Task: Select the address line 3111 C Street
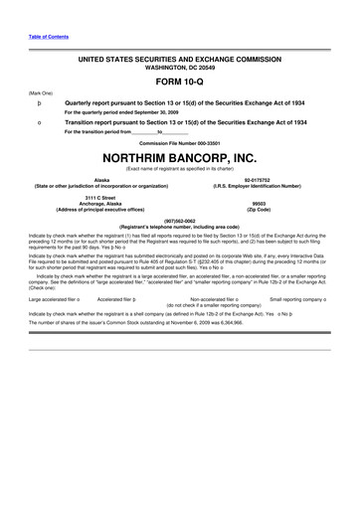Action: (102, 199)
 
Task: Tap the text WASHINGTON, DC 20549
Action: (179, 68)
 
